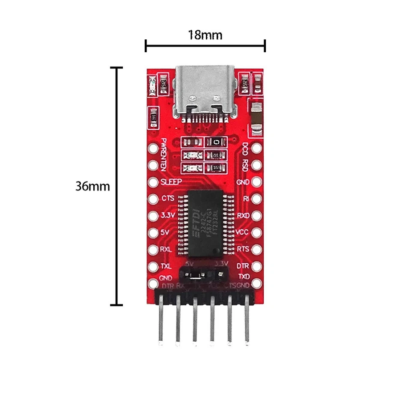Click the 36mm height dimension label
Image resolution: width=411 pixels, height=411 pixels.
[92, 187]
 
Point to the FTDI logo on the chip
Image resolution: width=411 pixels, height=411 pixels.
[196, 223]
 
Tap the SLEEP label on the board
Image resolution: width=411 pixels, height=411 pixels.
[171, 182]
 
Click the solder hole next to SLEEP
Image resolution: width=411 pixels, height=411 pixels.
[153, 182]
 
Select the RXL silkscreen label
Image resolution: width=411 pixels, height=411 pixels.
[166, 249]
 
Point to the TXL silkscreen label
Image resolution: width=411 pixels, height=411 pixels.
[166, 266]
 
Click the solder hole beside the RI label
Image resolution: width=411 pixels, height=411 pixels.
[256, 199]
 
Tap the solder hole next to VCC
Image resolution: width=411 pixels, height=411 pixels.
[256, 232]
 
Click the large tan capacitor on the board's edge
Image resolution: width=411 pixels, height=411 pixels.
[256, 116]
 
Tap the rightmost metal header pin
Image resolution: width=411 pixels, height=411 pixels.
[247, 321]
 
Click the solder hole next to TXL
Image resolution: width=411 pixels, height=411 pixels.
[153, 266]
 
